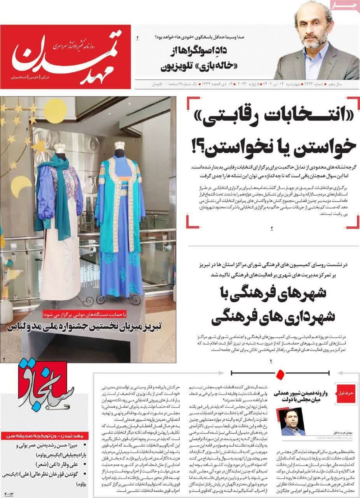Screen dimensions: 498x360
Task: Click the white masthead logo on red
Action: pyautogui.click(x=66, y=56)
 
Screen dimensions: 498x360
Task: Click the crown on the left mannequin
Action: pyautogui.click(x=59, y=148)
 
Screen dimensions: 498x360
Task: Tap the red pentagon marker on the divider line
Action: pyautogui.click(x=279, y=375)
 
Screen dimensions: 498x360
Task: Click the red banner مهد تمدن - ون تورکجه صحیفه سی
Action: pyautogui.click(x=44, y=435)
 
